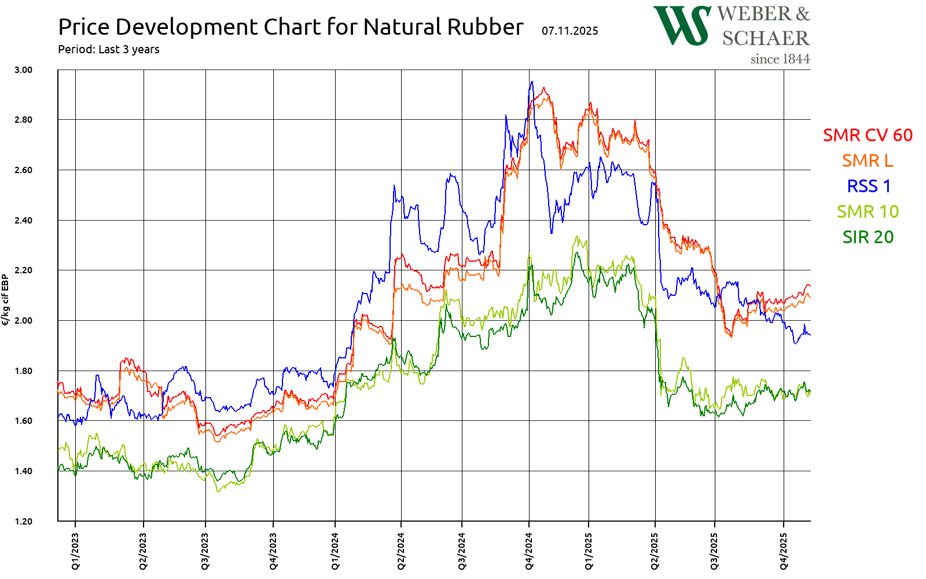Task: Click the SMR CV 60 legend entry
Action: tap(868, 135)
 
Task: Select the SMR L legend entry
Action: tap(868, 160)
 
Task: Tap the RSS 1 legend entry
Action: tap(869, 186)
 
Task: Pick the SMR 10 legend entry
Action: tap(868, 211)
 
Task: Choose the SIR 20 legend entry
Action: tap(868, 237)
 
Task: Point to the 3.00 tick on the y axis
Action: tap(23, 69)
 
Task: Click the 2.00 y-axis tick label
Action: tap(23, 320)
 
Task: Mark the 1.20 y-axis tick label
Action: tap(23, 521)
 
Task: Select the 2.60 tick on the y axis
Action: tap(23, 170)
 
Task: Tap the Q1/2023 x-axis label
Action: tap(75, 551)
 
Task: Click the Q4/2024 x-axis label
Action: tap(529, 551)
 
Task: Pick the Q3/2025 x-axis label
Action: tap(715, 551)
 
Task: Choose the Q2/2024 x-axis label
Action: tap(401, 551)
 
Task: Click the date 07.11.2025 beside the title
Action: tap(570, 31)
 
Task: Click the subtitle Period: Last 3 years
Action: tap(109, 49)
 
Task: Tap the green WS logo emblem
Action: tap(682, 25)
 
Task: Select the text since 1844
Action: tap(780, 59)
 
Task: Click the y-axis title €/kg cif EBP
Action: tap(6, 300)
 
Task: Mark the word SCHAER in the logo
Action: tap(766, 38)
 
